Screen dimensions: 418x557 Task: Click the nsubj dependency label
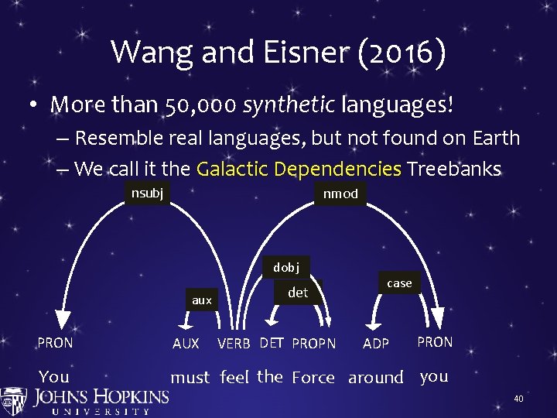[x=147, y=193]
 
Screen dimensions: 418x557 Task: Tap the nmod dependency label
[x=340, y=194]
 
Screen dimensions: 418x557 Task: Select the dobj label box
[x=285, y=267]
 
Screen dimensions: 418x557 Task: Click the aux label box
[x=201, y=300]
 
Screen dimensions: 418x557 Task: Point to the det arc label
[x=298, y=293]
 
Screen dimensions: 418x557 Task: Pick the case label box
[x=399, y=283]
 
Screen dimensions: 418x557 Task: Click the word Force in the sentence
[x=313, y=378]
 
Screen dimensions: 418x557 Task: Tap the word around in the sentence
[x=376, y=378]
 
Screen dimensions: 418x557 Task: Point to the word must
[x=190, y=378]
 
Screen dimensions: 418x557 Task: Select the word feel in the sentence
[x=234, y=377]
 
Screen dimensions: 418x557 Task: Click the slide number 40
[x=518, y=399]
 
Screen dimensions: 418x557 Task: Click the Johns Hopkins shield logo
[x=14, y=401]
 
